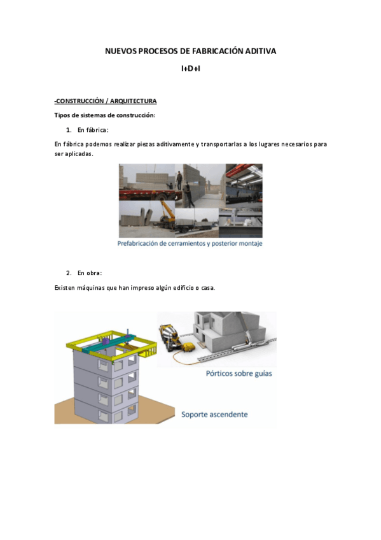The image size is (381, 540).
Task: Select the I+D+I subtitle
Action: (x=191, y=69)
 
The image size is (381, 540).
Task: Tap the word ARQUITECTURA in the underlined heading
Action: (x=134, y=101)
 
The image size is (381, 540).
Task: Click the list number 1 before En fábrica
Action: (x=69, y=130)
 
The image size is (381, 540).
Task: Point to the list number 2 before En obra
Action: (x=69, y=273)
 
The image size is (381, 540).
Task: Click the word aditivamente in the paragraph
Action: (x=176, y=144)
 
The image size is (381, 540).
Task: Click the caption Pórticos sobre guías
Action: (x=239, y=373)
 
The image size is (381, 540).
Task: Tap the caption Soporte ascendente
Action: (x=214, y=415)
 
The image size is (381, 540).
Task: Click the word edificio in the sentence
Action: (x=184, y=288)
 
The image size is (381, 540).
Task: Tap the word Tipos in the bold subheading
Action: (x=62, y=115)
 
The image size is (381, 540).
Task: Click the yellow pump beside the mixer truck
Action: (x=189, y=346)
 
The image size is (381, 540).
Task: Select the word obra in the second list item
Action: (x=94, y=273)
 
